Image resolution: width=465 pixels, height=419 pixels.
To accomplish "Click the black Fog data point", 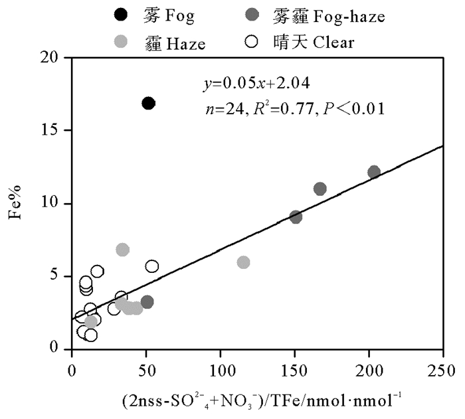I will [x=149, y=103].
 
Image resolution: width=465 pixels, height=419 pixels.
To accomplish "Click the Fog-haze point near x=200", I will [x=374, y=172].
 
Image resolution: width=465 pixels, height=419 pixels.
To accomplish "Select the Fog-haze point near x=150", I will [x=296, y=216].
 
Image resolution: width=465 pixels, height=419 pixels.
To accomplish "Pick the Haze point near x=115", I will [x=243, y=262].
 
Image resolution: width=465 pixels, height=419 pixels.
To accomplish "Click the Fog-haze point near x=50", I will [x=147, y=301].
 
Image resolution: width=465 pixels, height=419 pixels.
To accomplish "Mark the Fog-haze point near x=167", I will [x=320, y=189].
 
